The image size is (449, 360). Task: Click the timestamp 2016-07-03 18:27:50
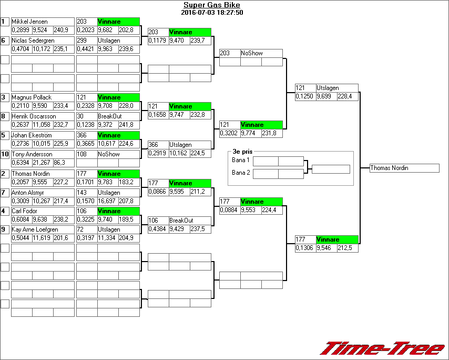click(212, 13)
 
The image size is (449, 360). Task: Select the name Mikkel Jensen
click(29, 22)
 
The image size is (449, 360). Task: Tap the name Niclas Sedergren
click(33, 41)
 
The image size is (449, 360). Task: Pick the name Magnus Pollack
click(32, 97)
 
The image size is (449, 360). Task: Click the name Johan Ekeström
click(33, 135)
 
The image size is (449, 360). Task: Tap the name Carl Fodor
click(25, 211)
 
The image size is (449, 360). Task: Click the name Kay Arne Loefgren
click(35, 229)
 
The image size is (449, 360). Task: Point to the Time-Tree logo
click(382, 348)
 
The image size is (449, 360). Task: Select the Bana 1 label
click(241, 159)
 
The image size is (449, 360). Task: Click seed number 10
click(5, 154)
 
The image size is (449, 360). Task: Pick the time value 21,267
click(42, 163)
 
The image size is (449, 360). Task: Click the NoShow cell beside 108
click(109, 154)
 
